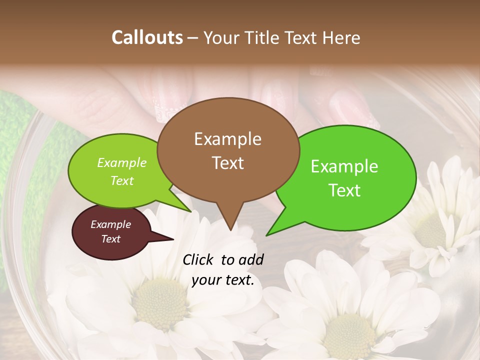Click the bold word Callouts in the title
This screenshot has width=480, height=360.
pyautogui.click(x=147, y=37)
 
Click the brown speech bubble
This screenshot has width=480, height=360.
pyautogui.click(x=228, y=150)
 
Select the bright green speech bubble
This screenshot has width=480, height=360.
pyautogui.click(x=345, y=177)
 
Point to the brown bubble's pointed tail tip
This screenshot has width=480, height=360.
pyautogui.click(x=230, y=230)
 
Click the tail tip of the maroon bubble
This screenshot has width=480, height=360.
pyautogui.click(x=173, y=239)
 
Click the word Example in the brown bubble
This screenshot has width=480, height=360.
pyautogui.click(x=227, y=139)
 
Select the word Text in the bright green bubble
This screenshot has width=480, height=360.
pyautogui.click(x=345, y=190)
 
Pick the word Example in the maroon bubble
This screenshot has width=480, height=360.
pyautogui.click(x=110, y=224)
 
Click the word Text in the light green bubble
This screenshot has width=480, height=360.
pyautogui.click(x=122, y=181)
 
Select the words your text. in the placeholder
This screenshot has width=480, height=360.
pyautogui.click(x=223, y=280)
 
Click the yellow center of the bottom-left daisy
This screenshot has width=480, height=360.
pyautogui.click(x=159, y=303)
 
